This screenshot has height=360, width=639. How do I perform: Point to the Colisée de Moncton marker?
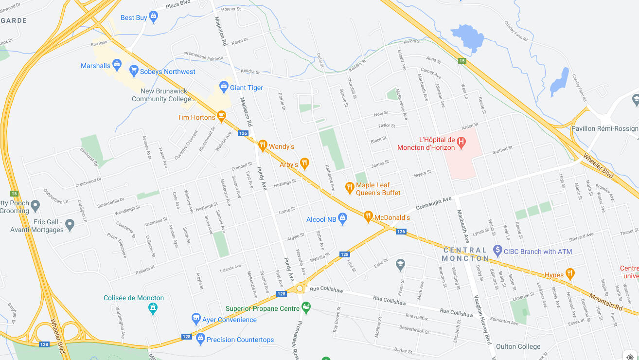(x=153, y=308)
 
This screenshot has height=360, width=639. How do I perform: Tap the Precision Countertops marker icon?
(x=200, y=340)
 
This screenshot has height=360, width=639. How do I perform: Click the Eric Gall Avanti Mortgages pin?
(x=70, y=225)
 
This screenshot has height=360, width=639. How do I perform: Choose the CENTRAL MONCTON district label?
(x=465, y=254)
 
